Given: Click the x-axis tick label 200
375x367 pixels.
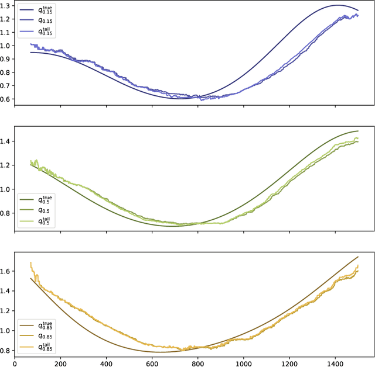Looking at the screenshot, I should pos(60,362).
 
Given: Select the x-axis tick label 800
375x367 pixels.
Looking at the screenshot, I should pos(198,362).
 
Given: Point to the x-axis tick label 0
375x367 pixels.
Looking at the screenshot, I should pos(15,362).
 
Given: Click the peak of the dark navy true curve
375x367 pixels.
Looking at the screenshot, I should pos(337,5).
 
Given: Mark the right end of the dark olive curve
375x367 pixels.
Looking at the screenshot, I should pos(357,131).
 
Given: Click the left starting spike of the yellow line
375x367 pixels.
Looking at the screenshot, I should pos(30,263).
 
